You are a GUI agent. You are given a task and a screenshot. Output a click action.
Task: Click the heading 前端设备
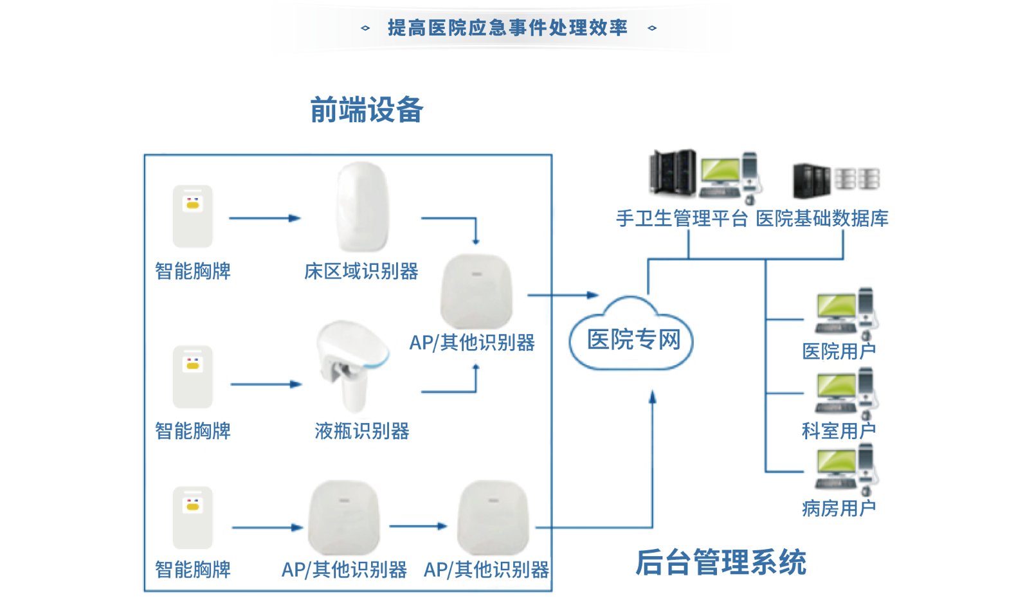[367, 110]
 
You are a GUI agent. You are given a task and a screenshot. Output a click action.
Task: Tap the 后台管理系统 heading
[720, 562]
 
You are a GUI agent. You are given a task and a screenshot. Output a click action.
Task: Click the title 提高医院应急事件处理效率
[507, 28]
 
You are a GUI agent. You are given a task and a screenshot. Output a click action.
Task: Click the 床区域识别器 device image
[362, 207]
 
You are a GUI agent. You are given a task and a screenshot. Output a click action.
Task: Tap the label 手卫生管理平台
[682, 219]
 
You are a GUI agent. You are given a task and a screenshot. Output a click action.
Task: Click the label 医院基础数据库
[822, 219]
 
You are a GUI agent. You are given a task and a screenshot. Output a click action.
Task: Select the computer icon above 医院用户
[845, 312]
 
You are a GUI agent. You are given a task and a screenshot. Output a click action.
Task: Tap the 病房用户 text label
[839, 509]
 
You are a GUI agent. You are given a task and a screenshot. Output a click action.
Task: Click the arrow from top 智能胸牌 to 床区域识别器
[264, 219]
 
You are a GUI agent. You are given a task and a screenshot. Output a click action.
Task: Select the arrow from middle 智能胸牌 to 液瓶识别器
[266, 384]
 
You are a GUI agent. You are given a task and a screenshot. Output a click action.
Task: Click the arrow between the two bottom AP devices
[418, 526]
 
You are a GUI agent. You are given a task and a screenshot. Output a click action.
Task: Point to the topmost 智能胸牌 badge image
[192, 216]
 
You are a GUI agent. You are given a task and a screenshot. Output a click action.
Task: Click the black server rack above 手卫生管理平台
[673, 172]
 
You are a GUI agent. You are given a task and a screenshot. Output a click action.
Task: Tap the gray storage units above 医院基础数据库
[858, 179]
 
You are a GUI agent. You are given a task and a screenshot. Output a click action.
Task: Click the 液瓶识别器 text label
[362, 431]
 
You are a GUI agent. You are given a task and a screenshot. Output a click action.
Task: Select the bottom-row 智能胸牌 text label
[193, 570]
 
